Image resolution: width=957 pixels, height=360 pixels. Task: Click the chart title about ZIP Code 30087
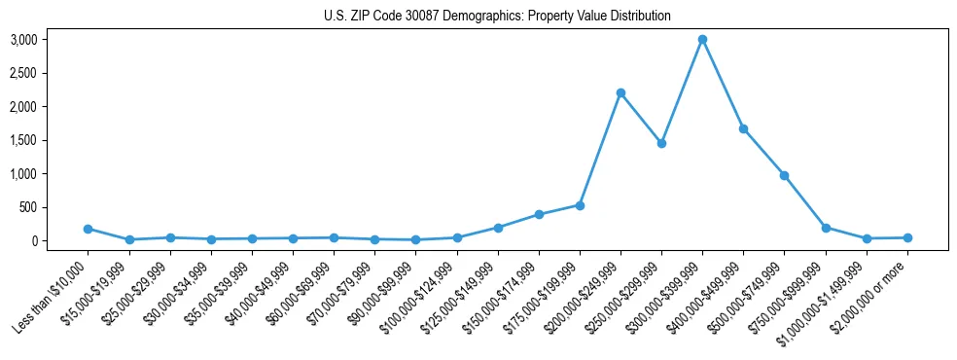pyautogui.click(x=497, y=17)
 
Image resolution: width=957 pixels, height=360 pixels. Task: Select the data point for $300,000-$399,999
pyautogui.click(x=702, y=40)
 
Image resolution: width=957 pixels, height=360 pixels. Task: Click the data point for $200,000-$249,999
pyautogui.click(x=620, y=92)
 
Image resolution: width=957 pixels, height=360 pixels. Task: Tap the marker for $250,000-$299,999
pyautogui.click(x=661, y=143)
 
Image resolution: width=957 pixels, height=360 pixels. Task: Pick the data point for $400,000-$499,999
pyautogui.click(x=743, y=128)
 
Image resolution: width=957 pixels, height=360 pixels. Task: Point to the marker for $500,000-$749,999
pyautogui.click(x=784, y=175)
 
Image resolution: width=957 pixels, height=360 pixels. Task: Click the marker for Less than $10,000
pyautogui.click(x=89, y=229)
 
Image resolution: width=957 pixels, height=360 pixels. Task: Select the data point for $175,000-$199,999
pyautogui.click(x=580, y=205)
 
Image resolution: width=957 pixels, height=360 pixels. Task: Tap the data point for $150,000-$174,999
pyautogui.click(x=539, y=214)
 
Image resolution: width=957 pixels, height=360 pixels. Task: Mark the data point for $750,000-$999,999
pyautogui.click(x=826, y=228)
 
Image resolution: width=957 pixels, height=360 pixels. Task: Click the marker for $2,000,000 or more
pyautogui.click(x=907, y=237)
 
